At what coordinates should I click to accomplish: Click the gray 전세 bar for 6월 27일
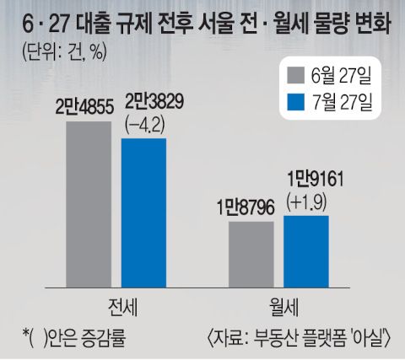[x=89, y=205]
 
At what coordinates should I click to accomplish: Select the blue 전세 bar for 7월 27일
[x=143, y=213]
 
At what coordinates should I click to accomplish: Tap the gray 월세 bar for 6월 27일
[x=251, y=255]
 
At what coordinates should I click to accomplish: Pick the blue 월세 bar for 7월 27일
[x=306, y=252]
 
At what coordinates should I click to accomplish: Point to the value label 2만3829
[x=154, y=102]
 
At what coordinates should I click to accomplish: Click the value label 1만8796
[x=246, y=208]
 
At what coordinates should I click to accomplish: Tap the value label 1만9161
[x=315, y=179]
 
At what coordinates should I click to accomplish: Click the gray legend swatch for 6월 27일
[x=296, y=75]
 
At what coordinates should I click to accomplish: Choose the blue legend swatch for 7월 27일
[x=296, y=102]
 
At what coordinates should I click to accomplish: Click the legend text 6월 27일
[x=342, y=75]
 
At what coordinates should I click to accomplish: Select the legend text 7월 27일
[x=342, y=102]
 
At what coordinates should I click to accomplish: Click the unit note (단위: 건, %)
[x=64, y=51]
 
